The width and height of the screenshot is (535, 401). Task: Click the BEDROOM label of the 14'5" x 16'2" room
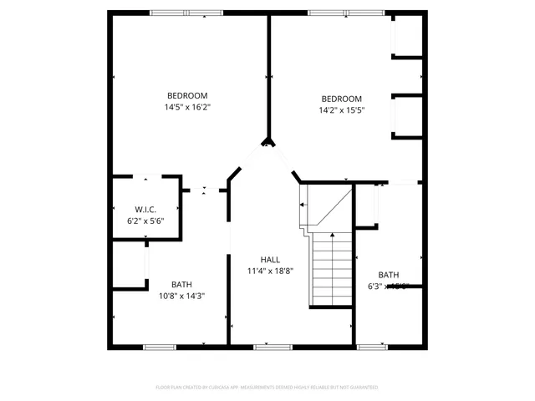click(187, 95)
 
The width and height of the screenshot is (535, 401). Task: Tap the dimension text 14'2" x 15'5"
click(341, 109)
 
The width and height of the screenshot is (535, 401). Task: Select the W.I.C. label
click(145, 209)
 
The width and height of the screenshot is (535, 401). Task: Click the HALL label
click(269, 260)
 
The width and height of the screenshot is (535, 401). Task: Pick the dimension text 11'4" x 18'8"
click(269, 271)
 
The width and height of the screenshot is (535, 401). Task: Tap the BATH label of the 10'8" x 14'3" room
click(181, 284)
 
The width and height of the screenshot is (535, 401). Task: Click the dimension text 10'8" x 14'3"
click(181, 295)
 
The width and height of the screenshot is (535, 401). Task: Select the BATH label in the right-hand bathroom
click(389, 275)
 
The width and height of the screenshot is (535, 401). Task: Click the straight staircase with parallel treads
click(332, 269)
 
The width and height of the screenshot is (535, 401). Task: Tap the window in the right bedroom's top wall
click(346, 13)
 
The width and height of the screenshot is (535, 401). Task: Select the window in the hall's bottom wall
click(272, 346)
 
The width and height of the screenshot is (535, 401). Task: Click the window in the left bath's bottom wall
click(158, 346)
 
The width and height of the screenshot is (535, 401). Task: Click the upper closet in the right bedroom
click(408, 36)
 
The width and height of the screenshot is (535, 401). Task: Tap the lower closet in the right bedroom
click(408, 115)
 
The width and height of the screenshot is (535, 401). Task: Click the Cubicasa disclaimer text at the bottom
click(267, 388)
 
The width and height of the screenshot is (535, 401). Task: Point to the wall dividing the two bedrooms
click(268, 75)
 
